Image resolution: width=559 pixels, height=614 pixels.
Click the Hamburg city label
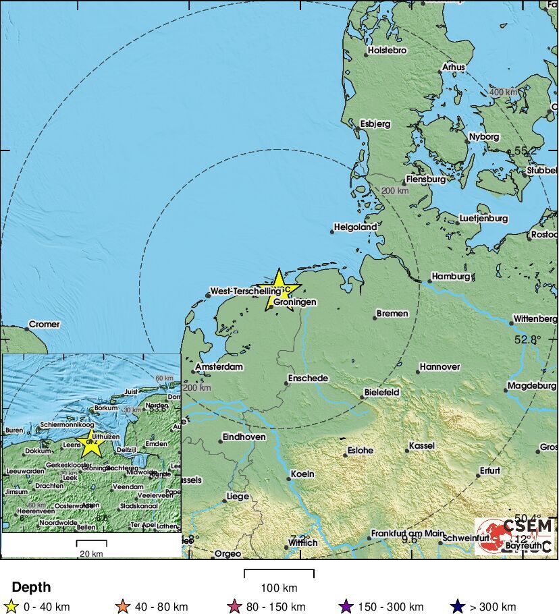451,277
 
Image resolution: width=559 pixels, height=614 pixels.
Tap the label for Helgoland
356,227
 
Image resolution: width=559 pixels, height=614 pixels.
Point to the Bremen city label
392,314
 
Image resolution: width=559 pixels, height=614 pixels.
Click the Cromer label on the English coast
45,325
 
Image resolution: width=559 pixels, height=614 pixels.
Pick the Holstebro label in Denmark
387,51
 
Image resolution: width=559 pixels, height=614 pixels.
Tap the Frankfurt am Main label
406,533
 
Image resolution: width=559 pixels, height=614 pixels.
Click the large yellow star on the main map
277,289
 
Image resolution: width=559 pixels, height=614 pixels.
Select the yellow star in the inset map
90,445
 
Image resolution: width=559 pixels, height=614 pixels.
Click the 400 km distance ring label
503,92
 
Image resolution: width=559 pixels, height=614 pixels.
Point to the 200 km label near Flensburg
395,191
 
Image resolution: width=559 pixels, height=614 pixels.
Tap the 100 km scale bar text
279,588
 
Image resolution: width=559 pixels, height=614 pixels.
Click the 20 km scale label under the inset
91,554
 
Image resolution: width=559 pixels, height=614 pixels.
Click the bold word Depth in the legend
31,588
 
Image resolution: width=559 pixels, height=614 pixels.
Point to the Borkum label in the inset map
107,408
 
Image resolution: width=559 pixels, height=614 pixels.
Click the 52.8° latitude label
527,340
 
